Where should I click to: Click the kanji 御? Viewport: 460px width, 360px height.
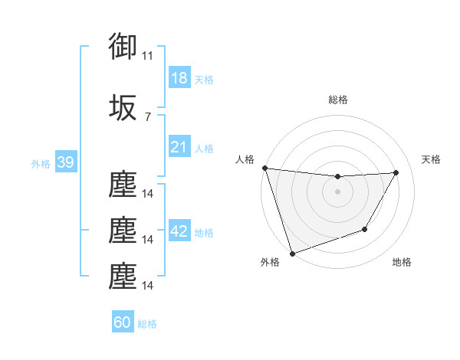pos(123,47)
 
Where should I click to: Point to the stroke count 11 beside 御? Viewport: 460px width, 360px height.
pos(147,56)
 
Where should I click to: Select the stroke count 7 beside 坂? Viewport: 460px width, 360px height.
pos(147,117)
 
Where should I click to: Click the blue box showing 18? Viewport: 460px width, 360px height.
pos(179,78)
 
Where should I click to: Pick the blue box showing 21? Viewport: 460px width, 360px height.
pos(179,147)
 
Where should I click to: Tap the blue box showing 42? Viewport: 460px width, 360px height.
pos(179,231)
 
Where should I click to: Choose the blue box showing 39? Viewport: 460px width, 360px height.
pos(65,162)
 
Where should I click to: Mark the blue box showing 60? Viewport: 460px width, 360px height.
pos(123,322)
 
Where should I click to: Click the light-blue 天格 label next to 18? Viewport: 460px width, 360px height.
pos(204,80)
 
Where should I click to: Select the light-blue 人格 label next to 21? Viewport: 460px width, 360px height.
pos(204,149)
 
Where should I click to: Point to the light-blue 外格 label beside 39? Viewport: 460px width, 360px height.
pos(40,164)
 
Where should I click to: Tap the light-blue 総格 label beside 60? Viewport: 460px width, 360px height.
pos(148,324)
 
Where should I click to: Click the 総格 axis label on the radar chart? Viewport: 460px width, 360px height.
pos(337,100)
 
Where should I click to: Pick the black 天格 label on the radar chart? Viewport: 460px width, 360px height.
pos(432,159)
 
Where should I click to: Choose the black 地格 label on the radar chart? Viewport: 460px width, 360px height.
pos(402,262)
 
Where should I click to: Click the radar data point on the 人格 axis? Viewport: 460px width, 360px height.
pos(264,168)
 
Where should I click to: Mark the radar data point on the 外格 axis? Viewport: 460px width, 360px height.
pos(292,253)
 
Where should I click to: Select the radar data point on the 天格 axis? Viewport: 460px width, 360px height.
pos(396,172)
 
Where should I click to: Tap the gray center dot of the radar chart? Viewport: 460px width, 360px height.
pos(337,191)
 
